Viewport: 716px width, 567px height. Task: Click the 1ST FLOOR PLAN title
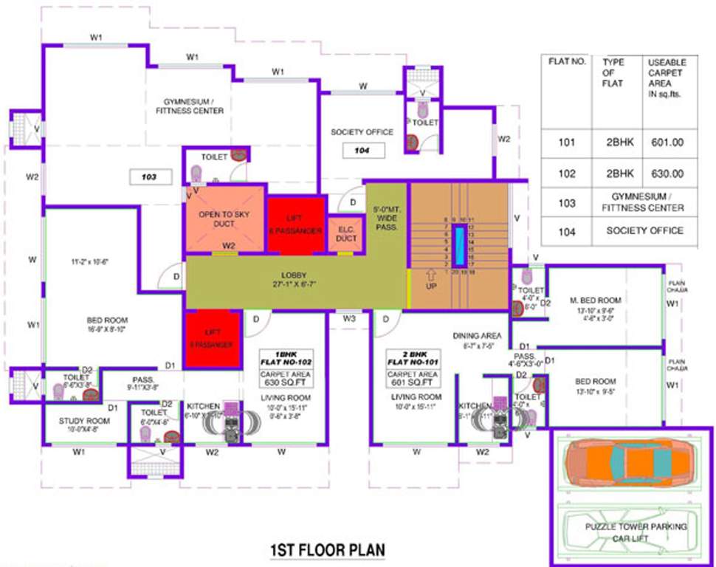[328, 550]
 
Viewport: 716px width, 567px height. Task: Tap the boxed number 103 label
[151, 177]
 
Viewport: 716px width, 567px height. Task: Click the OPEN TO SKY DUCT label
[225, 220]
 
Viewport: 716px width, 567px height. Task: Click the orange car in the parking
[630, 465]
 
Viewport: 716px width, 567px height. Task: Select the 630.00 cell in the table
[666, 174]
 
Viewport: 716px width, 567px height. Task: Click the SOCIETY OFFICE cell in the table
[644, 230]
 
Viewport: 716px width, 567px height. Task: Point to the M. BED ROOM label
[595, 301]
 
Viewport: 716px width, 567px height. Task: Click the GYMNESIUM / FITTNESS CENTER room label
[190, 106]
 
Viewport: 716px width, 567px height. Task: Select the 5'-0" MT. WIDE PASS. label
[388, 219]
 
